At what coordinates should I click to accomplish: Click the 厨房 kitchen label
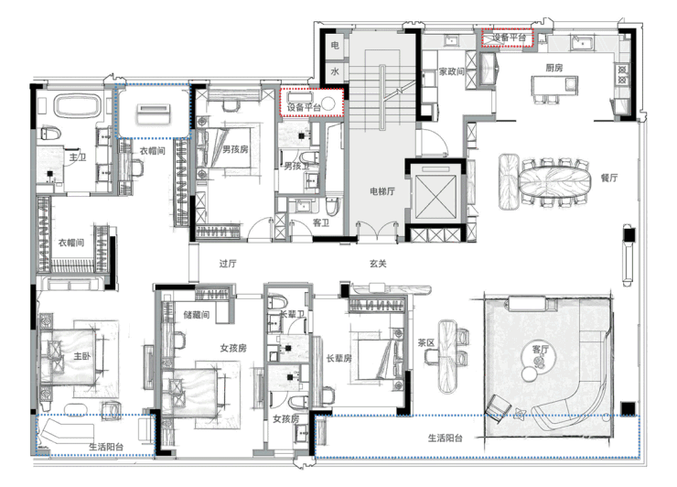click(x=553, y=68)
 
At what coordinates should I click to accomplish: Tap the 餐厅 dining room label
click(x=609, y=178)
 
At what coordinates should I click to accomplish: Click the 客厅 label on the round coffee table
click(x=540, y=349)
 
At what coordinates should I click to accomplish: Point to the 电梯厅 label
click(x=382, y=191)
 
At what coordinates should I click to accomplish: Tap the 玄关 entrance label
click(x=378, y=263)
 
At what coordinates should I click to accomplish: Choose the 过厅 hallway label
click(x=228, y=264)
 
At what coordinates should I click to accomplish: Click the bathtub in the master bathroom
click(x=77, y=107)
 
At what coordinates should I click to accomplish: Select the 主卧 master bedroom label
click(x=81, y=356)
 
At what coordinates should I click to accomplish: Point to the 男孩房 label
click(x=235, y=149)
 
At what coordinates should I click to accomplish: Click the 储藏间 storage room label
click(x=197, y=315)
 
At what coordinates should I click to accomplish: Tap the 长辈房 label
click(x=338, y=358)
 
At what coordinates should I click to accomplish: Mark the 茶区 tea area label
click(x=426, y=342)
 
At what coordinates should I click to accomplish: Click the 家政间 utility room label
click(x=452, y=71)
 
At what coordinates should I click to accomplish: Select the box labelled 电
click(x=335, y=45)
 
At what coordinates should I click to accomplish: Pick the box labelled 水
click(x=335, y=71)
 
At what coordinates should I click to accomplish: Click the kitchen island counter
click(x=554, y=85)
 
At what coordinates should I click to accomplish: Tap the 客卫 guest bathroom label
click(x=321, y=222)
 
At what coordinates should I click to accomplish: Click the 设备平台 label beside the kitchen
click(x=509, y=38)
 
